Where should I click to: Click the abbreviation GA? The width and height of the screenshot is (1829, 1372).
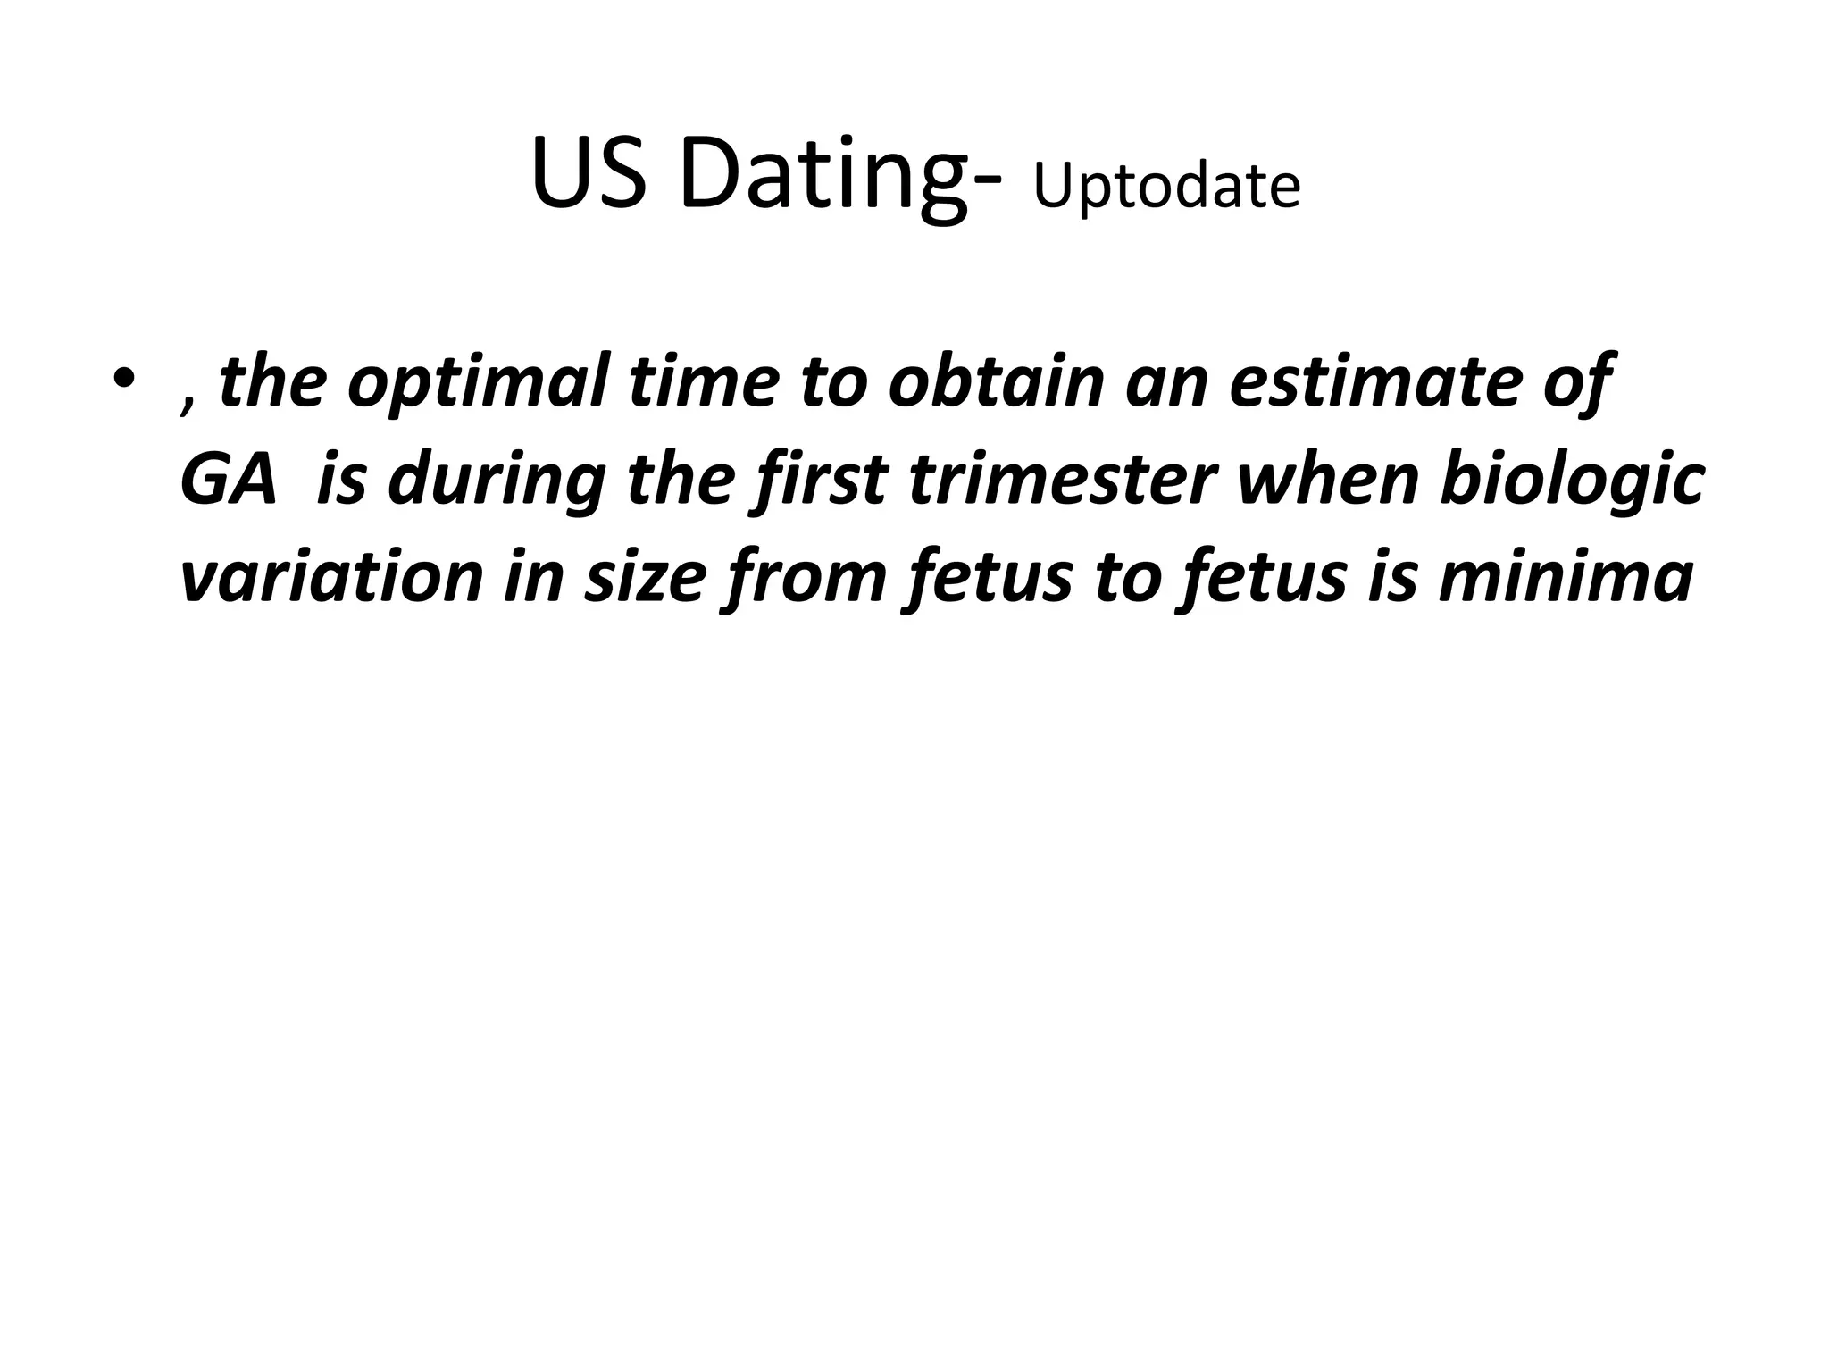pyautogui.click(x=229, y=479)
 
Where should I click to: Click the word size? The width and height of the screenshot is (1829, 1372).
pyautogui.click(x=639, y=576)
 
